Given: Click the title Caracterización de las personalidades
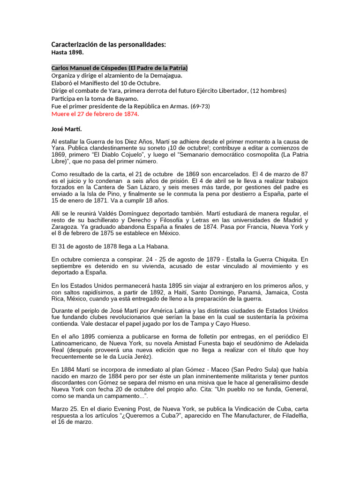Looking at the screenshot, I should pos(108,45).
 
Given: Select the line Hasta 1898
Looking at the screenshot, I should pos(67,52).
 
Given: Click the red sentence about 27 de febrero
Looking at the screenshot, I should pos(95,114).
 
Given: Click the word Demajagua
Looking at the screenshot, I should pos(165,75).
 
